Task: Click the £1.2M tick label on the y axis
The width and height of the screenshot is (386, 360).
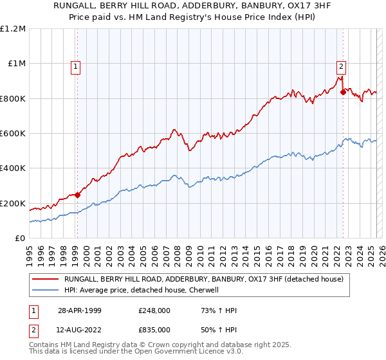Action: [x=13, y=29]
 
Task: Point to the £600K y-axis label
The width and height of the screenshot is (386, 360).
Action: [x=13, y=134]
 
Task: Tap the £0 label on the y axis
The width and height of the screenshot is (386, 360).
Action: [x=20, y=239]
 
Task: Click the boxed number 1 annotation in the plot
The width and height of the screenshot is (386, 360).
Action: [x=76, y=65]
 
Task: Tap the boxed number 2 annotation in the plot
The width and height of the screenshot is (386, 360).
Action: [x=340, y=65]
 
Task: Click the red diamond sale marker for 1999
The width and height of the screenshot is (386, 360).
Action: [x=77, y=195]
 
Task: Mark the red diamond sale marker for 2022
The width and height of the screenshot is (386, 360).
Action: [x=343, y=93]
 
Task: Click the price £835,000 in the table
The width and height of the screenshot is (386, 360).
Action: [x=154, y=329]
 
